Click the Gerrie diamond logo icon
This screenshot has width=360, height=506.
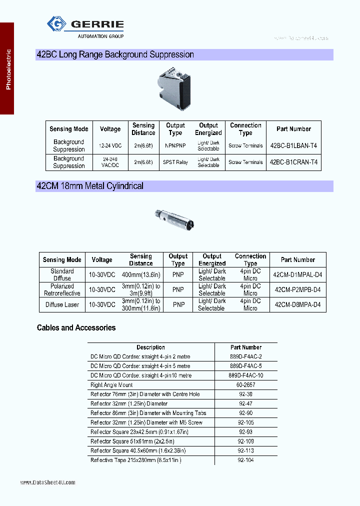(x=56, y=24)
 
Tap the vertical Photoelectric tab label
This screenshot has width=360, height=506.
(x=8, y=69)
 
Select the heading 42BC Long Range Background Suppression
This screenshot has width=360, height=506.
(x=115, y=54)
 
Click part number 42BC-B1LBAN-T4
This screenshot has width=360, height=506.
(x=293, y=145)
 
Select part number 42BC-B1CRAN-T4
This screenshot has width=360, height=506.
(x=293, y=162)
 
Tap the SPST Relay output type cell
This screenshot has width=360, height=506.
(x=175, y=162)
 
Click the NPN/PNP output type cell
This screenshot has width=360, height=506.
(x=175, y=145)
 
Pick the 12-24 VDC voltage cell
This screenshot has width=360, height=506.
(x=110, y=145)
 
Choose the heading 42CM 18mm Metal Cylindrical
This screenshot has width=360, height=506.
(x=90, y=186)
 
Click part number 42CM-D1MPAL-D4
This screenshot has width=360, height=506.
(x=297, y=274)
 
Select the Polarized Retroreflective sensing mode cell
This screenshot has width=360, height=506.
(x=62, y=289)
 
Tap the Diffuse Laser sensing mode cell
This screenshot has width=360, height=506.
(x=62, y=304)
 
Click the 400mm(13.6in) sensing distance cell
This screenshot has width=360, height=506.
(x=140, y=274)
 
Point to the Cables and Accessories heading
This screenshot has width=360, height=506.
(x=76, y=328)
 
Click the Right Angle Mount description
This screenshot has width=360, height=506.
(x=111, y=385)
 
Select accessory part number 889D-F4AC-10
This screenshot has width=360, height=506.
(x=246, y=375)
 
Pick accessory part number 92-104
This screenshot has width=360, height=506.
(x=246, y=459)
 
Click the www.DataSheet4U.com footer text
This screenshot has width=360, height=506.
(x=48, y=482)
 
